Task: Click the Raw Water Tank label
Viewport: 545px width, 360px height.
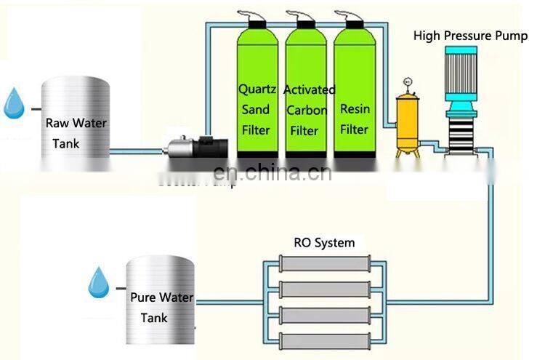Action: [76, 133]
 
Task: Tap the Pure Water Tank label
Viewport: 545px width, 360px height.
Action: [161, 308]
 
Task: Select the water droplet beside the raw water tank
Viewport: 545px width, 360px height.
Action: [13, 103]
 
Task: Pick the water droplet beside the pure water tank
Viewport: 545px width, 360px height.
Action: [98, 282]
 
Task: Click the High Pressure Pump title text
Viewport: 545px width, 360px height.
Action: [470, 36]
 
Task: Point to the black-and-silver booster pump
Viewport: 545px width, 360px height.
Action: [191, 146]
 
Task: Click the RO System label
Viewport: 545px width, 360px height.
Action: [324, 242]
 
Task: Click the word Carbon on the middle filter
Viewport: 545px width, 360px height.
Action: [306, 110]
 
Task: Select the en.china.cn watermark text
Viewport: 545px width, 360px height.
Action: [272, 173]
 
